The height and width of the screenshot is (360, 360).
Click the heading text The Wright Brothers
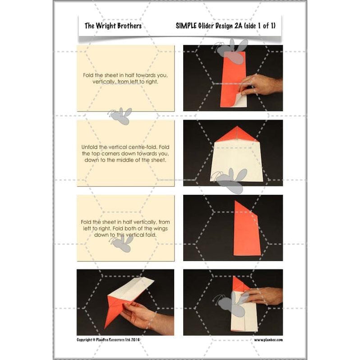(113, 26)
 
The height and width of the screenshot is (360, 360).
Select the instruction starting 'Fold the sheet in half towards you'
(125, 78)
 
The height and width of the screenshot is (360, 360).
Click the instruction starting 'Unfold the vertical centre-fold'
(125, 153)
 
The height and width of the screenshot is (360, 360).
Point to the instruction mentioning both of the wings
(125, 228)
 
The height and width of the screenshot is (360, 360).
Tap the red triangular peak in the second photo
(232, 134)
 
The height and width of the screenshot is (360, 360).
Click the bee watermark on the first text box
(120, 115)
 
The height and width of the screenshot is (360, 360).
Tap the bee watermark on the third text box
(121, 244)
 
